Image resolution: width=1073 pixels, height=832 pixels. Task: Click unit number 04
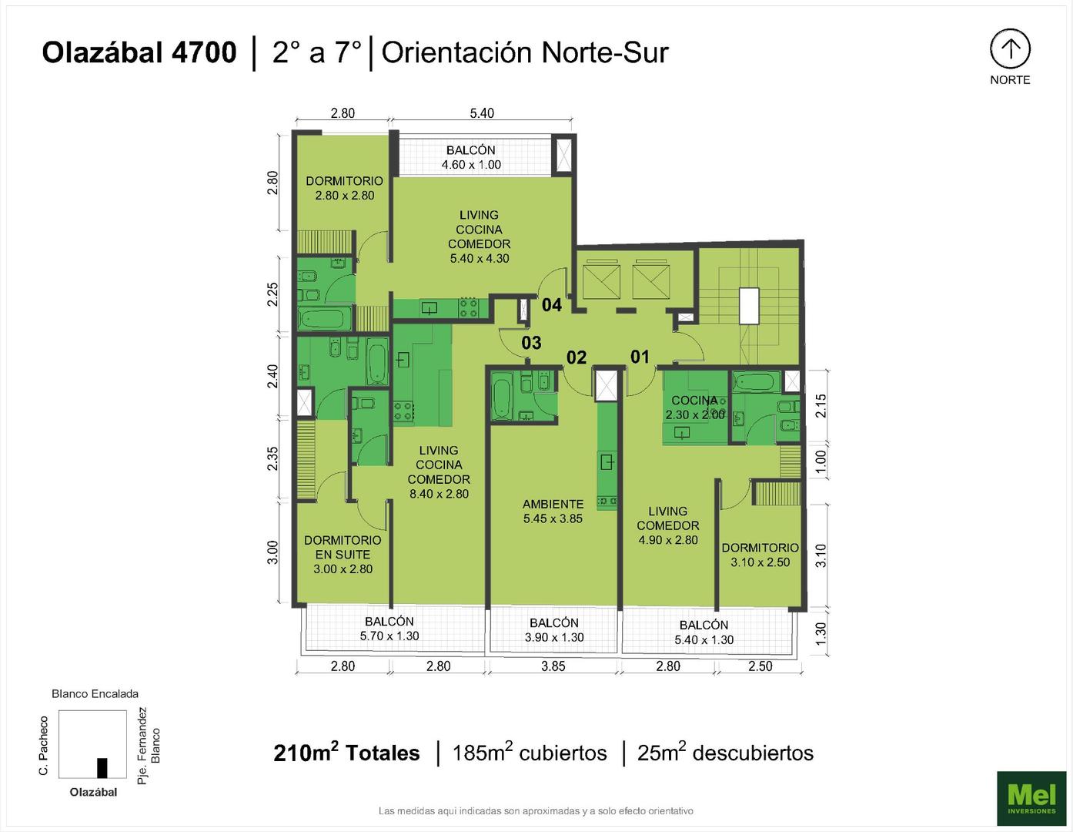point(552,305)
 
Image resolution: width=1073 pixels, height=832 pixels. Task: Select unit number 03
point(531,342)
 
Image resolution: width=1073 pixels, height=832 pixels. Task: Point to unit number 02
point(577,357)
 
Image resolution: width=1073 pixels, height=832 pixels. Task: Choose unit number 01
point(640,356)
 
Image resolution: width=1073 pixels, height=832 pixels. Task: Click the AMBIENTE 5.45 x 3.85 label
point(553,512)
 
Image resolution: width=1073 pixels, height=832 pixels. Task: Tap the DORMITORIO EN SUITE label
point(343,555)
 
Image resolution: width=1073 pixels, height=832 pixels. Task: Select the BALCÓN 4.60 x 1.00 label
point(471,157)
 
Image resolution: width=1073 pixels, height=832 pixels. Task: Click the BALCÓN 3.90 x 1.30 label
point(554,630)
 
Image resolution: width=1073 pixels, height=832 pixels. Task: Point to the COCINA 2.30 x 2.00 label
point(695,407)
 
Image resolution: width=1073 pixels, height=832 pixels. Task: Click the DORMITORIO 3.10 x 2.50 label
point(760,555)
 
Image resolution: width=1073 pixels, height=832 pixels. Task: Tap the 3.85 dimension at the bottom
point(553,666)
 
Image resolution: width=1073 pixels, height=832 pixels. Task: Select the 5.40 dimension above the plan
point(482,113)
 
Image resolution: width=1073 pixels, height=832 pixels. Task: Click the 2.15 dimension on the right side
point(821,406)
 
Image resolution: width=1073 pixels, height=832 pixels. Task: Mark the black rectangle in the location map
point(102,768)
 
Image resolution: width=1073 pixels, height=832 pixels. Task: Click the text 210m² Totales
point(346,753)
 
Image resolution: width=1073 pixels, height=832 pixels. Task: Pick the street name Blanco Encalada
point(95,693)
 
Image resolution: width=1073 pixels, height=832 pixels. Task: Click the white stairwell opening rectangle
point(749,306)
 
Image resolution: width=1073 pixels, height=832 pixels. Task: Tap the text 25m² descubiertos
point(725,753)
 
